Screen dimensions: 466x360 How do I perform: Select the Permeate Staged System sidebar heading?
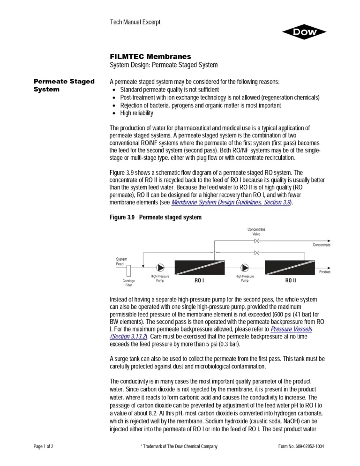[64, 85]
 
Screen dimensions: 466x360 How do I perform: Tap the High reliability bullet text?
[136, 113]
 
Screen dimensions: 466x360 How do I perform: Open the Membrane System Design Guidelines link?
[231, 203]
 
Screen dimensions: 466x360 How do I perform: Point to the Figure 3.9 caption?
[155, 218]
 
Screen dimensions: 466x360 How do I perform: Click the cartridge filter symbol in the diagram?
[128, 271]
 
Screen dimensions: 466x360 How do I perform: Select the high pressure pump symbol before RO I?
[160, 267]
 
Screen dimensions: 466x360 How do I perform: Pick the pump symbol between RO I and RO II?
[245, 267]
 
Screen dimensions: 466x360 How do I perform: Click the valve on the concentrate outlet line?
[256, 241]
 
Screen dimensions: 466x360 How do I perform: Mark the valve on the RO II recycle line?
[256, 253]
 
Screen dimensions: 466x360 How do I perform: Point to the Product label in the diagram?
[324, 272]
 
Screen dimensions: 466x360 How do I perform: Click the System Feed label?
[121, 262]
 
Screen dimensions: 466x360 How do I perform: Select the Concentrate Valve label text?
[256, 232]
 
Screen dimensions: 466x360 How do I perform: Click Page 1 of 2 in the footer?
[44, 446]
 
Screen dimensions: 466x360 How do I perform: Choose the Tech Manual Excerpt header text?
[135, 22]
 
